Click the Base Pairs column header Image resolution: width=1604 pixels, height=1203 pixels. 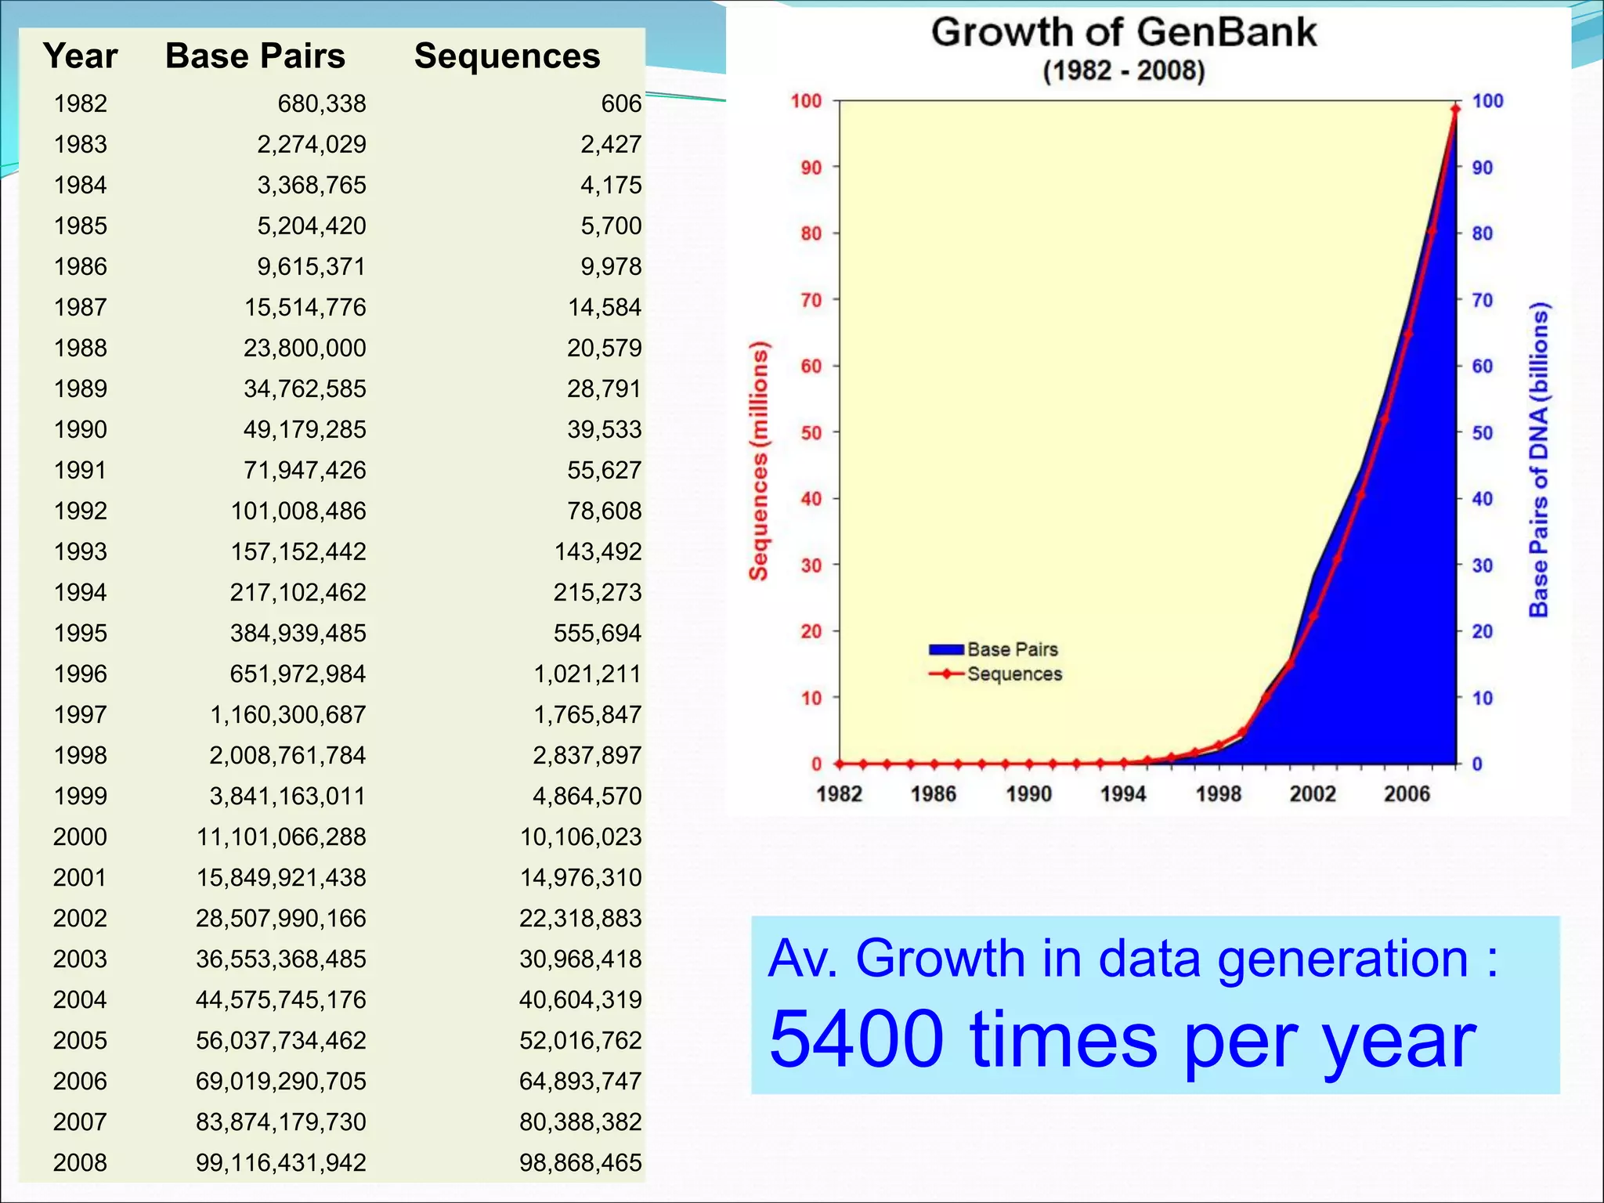[255, 56]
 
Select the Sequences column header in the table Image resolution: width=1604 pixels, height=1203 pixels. [507, 56]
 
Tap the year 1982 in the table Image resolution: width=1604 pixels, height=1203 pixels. [80, 103]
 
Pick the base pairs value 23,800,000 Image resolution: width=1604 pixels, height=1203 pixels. [305, 348]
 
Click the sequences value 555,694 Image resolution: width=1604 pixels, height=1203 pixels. [597, 633]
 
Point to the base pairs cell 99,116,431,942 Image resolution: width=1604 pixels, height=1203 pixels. [280, 1162]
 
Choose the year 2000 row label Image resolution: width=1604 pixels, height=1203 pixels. [80, 836]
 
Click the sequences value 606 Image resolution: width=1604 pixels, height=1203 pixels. [621, 103]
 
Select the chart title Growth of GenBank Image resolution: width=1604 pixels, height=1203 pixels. [1123, 33]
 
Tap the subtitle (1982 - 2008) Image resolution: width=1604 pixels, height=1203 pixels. [1123, 71]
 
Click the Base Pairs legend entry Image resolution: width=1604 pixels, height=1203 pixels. [995, 649]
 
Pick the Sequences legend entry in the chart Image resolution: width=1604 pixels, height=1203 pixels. [996, 674]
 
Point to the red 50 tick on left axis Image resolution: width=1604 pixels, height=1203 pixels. [811, 432]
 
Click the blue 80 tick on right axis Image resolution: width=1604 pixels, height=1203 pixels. [1482, 233]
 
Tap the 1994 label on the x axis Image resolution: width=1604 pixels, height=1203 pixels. [1122, 794]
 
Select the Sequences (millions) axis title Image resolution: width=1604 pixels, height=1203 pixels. [758, 461]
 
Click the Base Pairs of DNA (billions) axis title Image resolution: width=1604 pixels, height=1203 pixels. [1539, 460]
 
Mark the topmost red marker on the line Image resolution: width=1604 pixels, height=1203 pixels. [1455, 110]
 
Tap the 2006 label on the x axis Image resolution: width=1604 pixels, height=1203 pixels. [1407, 794]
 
